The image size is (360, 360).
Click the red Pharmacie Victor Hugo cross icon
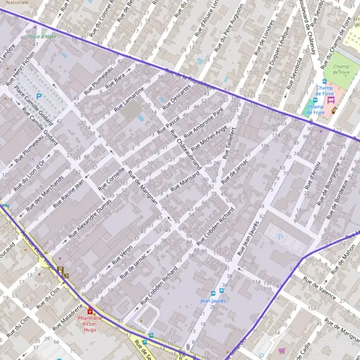90,311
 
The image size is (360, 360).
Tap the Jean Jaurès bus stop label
212,301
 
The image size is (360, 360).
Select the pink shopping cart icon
281,350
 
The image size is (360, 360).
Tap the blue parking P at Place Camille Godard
40,95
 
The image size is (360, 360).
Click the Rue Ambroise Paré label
205,121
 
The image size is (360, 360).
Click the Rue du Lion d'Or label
29,165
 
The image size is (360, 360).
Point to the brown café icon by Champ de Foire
334,110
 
